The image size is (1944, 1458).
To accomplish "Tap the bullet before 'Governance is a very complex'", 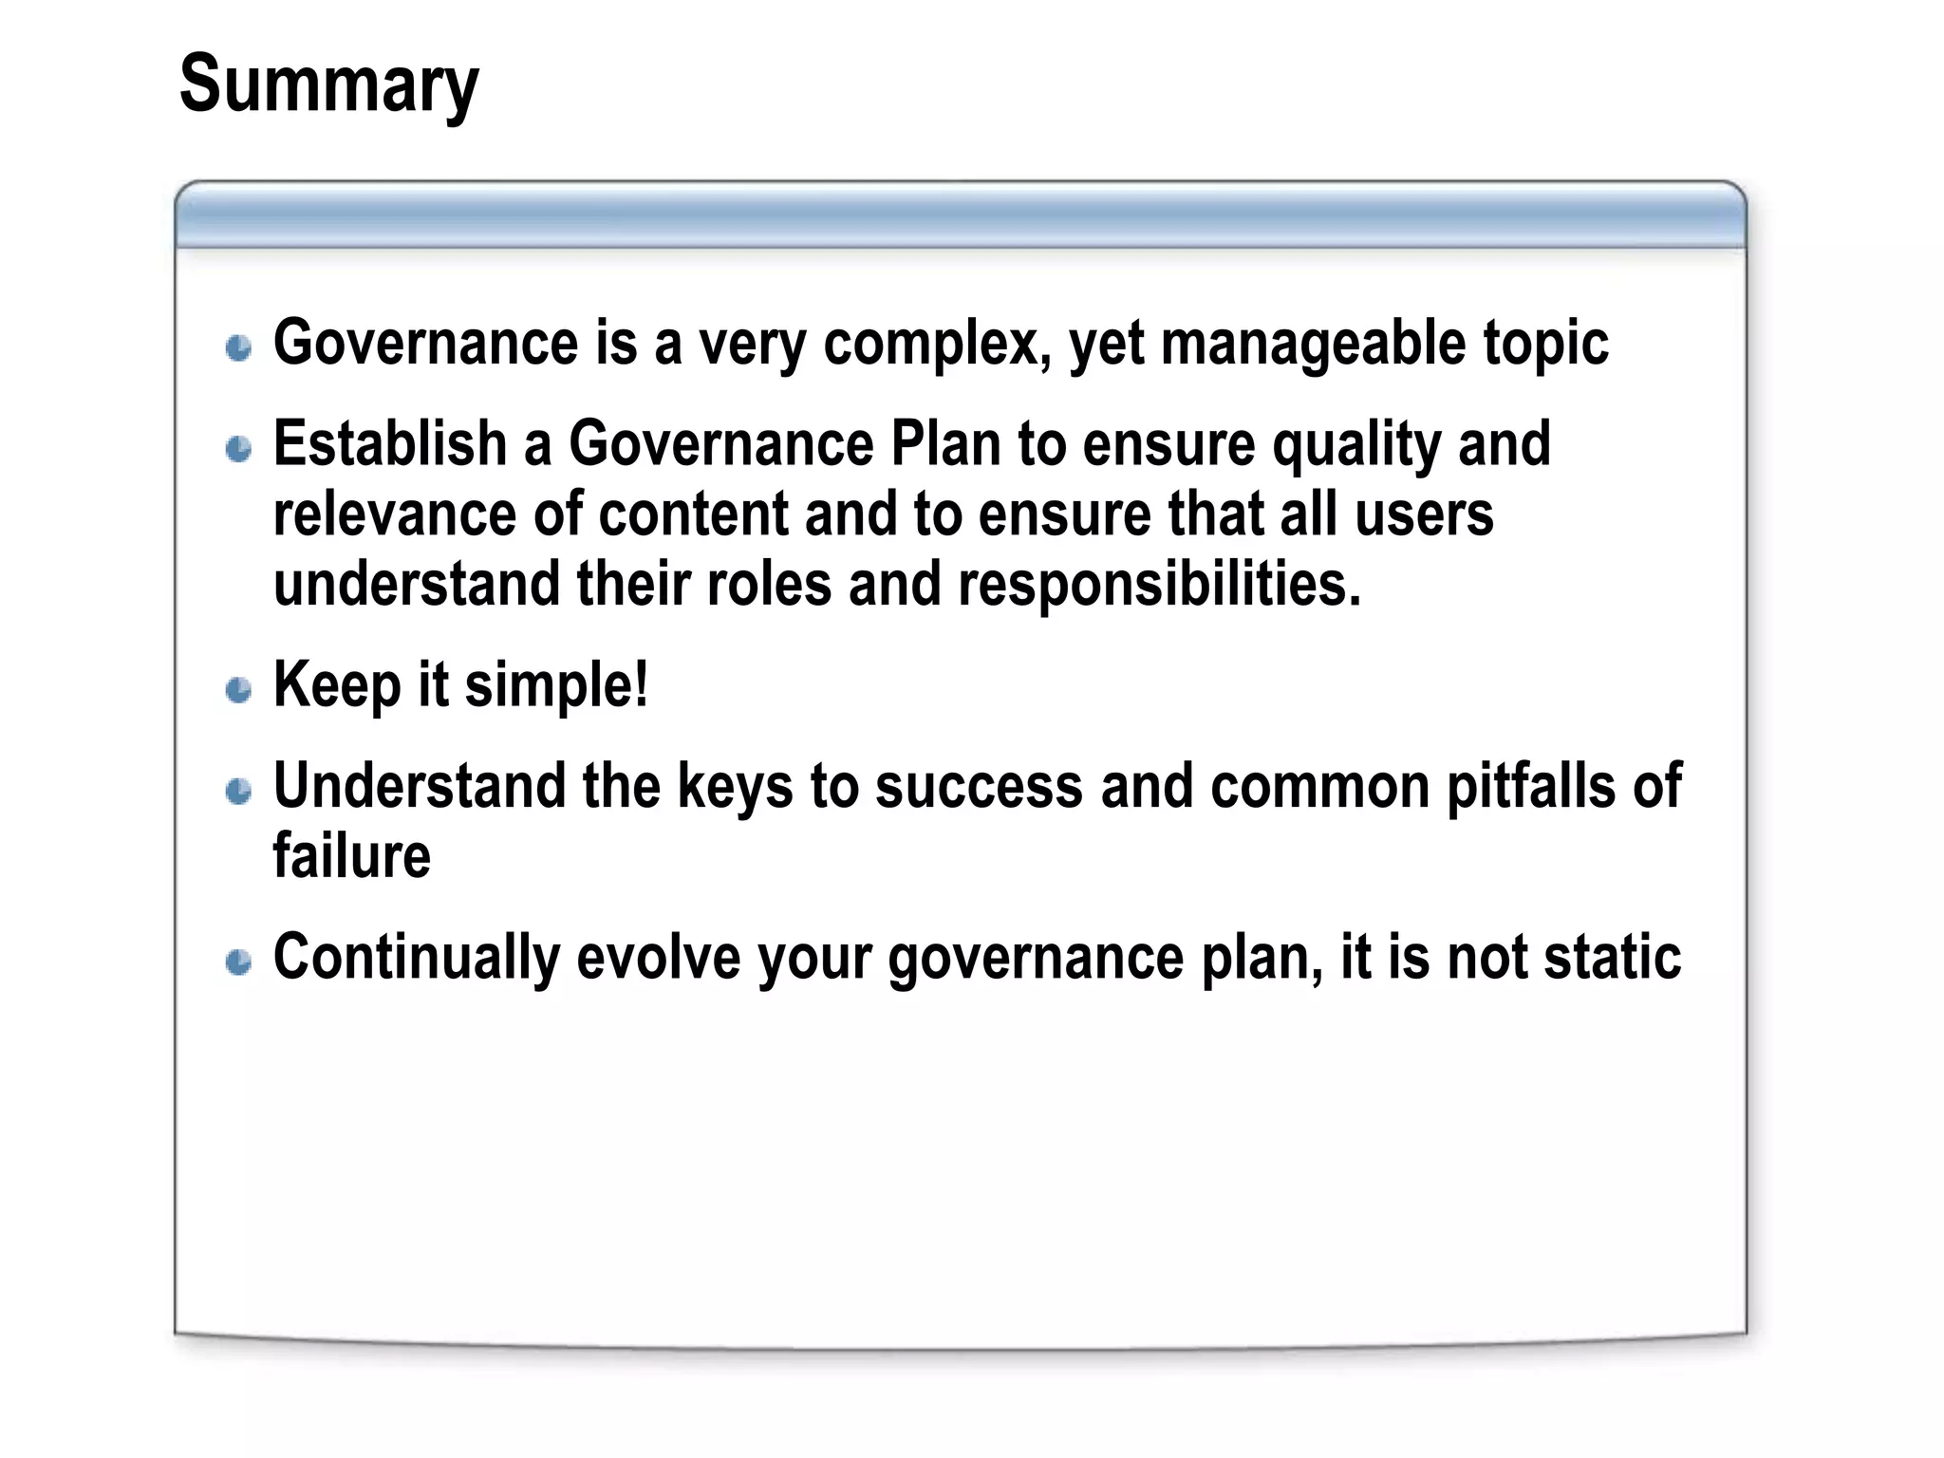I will point(239,347).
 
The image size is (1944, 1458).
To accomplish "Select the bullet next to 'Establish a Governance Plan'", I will point(239,448).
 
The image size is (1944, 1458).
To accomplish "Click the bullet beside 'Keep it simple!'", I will point(239,689).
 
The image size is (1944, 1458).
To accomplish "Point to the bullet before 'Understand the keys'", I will point(239,790).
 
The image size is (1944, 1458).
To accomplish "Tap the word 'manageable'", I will point(1313,344).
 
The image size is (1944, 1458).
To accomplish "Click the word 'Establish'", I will point(390,443).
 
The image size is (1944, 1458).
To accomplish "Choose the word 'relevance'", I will point(395,514).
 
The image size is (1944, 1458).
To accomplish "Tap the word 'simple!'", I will point(556,685).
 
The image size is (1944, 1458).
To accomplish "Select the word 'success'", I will point(979,786).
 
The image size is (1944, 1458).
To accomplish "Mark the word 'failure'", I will point(351,855).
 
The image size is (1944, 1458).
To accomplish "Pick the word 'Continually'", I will point(417,957).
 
